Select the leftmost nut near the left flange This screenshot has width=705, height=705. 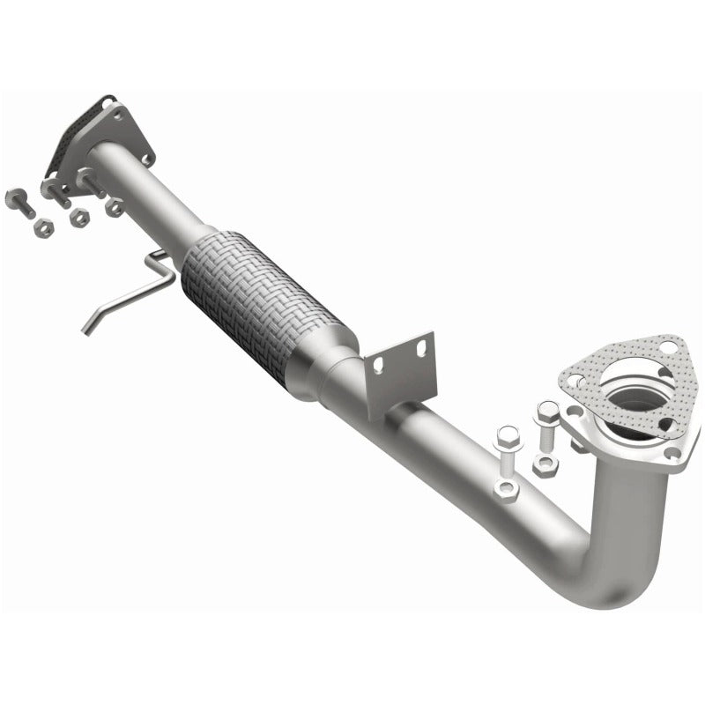(41, 227)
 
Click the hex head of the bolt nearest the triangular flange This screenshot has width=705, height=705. (546, 410)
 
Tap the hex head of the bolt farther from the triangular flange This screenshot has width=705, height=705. (506, 434)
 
